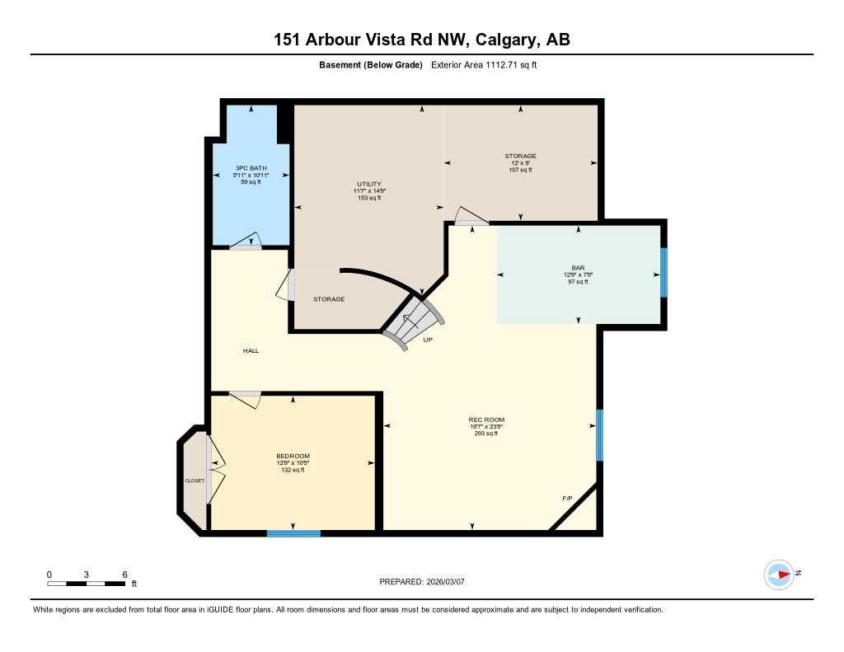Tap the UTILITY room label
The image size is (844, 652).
(x=368, y=184)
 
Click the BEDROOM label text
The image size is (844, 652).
(x=293, y=456)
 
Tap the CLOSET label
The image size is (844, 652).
(x=195, y=481)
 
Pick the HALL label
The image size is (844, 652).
(x=251, y=351)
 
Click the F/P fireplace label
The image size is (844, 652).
(x=567, y=499)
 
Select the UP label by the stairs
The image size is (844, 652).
(x=428, y=340)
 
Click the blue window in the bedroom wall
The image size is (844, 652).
(x=293, y=533)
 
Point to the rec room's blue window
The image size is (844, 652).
(x=599, y=434)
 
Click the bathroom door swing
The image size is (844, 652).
(x=246, y=242)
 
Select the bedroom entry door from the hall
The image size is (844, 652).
(x=246, y=398)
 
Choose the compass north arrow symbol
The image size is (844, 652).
(x=779, y=575)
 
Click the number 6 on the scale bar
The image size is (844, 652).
(x=124, y=575)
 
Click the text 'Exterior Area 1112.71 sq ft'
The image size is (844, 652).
(x=484, y=65)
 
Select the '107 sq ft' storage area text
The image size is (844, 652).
(x=521, y=170)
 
